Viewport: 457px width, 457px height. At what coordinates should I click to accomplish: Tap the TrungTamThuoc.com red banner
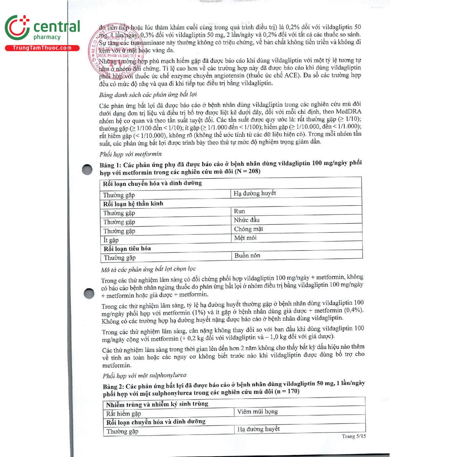point(42,48)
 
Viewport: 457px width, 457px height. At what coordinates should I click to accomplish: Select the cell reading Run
point(240,211)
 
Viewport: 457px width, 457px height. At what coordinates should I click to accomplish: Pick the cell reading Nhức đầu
point(247,220)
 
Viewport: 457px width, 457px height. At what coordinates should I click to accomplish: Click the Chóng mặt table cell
point(248,229)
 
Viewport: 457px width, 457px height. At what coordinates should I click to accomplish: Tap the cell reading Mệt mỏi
point(245,238)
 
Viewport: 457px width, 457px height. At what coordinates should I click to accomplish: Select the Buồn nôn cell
point(247,256)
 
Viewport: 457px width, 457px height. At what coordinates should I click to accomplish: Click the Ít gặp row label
point(111,240)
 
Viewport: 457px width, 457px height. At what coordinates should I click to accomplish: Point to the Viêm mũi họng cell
point(257,411)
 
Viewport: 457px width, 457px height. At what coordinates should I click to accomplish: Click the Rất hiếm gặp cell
point(123,414)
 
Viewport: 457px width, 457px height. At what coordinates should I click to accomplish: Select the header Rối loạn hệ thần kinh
point(133,204)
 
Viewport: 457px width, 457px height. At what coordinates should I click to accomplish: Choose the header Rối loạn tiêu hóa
point(128,249)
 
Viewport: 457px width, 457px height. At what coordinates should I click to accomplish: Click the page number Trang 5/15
point(353,436)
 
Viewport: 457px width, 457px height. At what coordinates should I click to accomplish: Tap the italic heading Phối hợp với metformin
point(131,154)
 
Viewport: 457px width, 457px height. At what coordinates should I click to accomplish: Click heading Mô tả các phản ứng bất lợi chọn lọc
point(148,270)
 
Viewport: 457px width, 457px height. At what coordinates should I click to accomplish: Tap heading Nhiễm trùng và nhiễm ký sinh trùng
point(157,404)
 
